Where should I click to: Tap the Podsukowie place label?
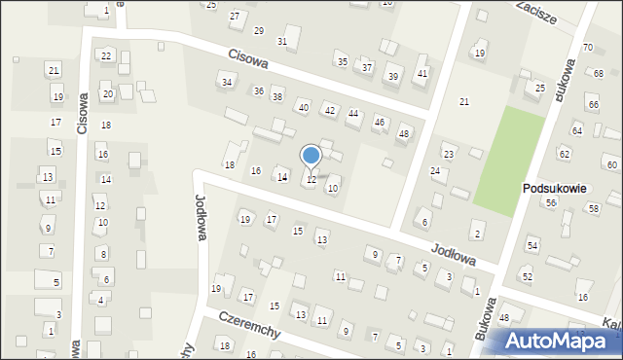point(553,189)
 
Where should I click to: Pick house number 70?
point(587,48)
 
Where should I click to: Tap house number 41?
point(421,73)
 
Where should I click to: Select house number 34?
point(227,83)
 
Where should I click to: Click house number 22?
point(105,56)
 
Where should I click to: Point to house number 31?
point(282,41)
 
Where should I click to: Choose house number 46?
point(379,122)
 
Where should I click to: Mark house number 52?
point(527,277)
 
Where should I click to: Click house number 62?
point(564,154)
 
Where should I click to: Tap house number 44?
point(353,114)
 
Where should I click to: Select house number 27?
point(234,17)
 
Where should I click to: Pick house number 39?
point(392,76)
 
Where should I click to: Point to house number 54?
point(531,246)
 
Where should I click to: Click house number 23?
point(449,155)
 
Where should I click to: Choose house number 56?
point(551,202)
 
